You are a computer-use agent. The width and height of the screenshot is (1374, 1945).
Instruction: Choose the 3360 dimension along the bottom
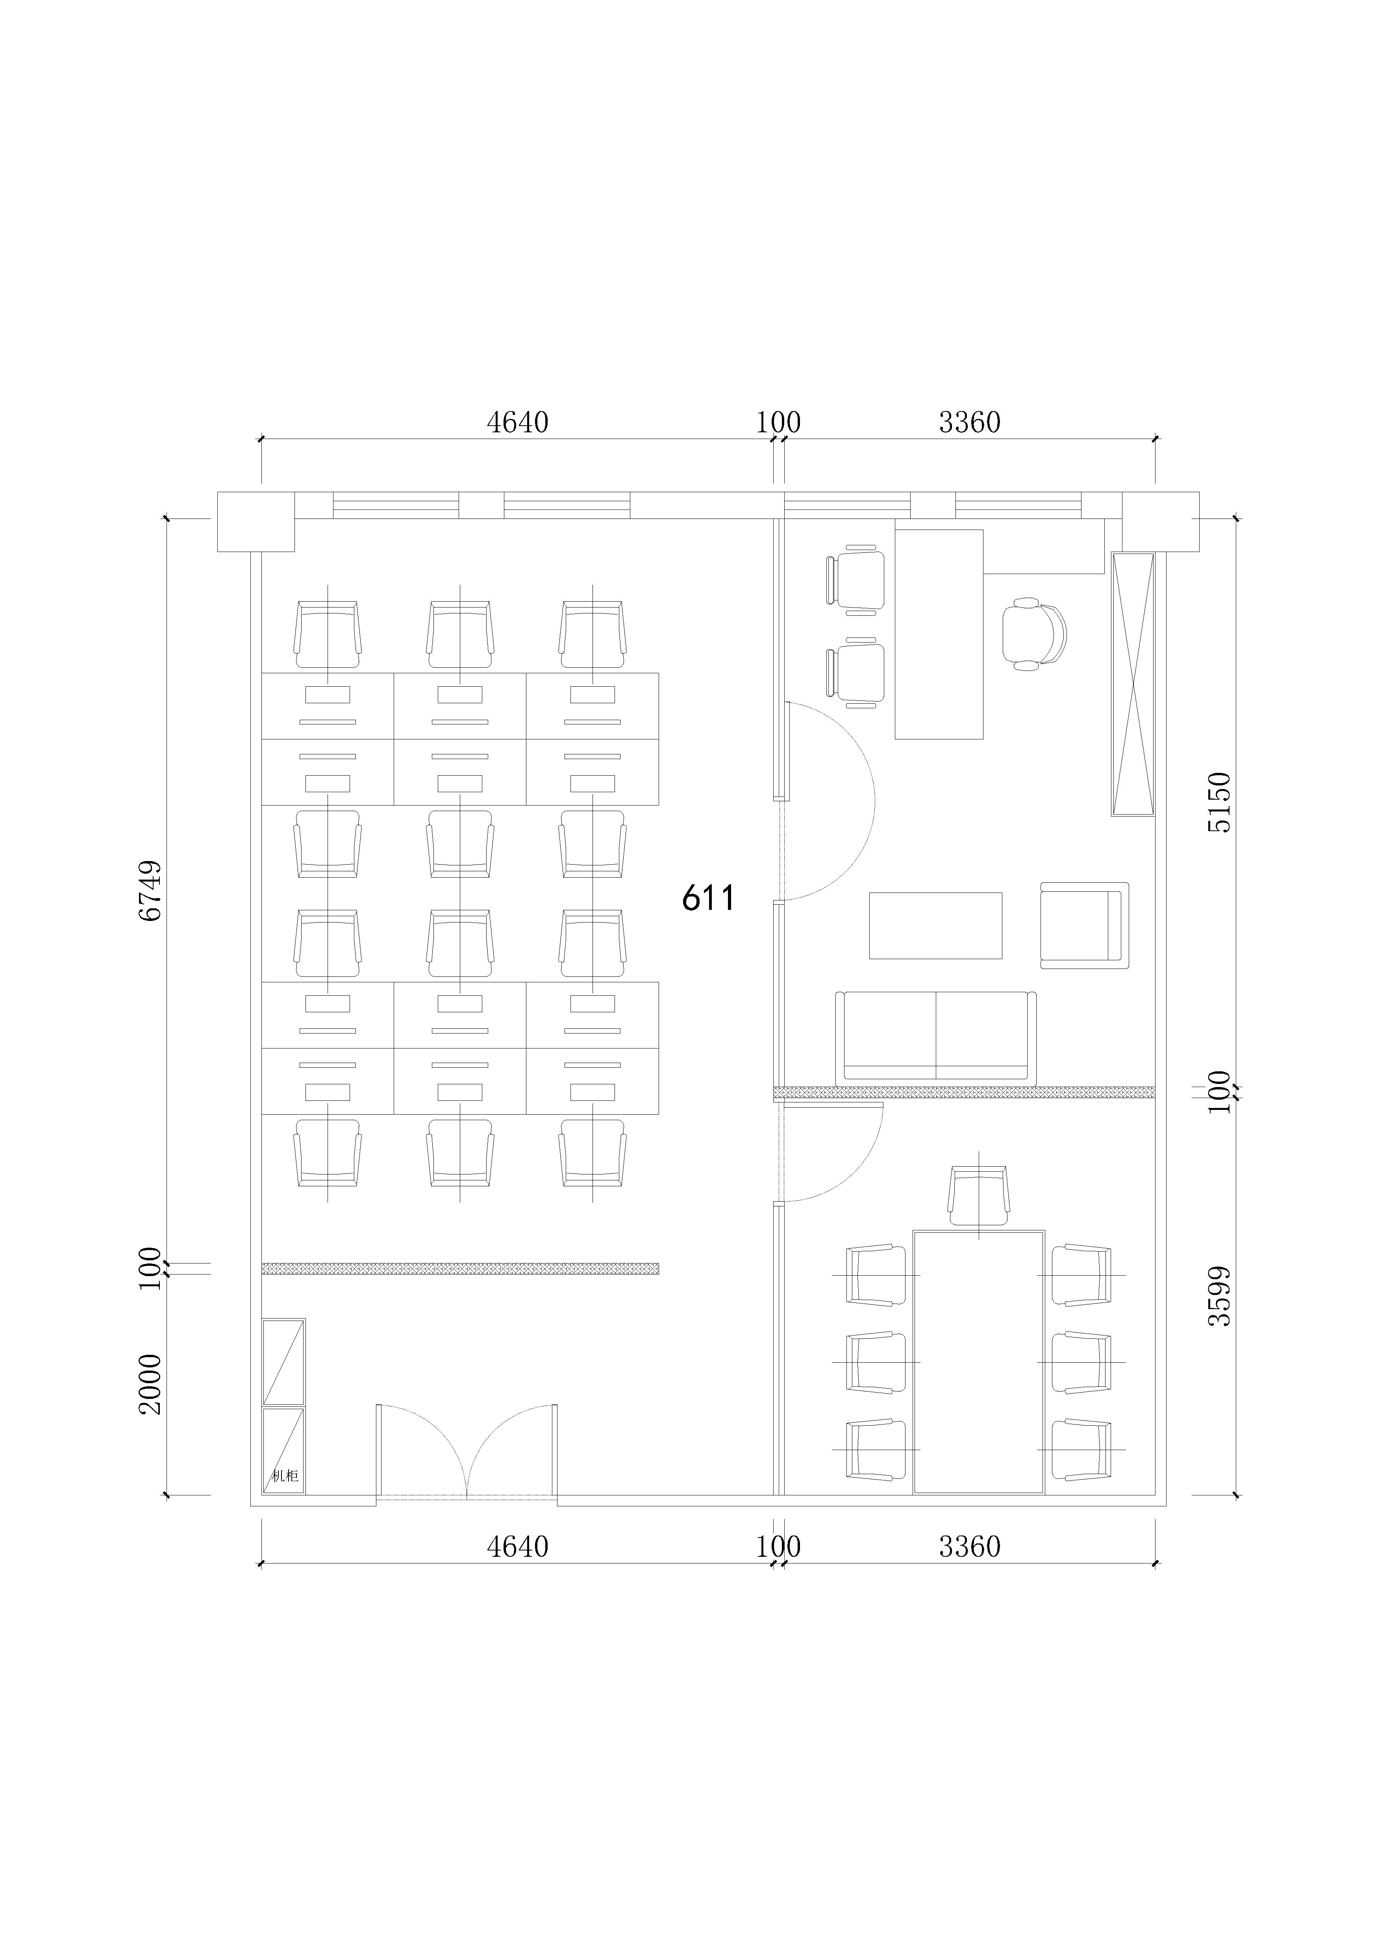[970, 1547]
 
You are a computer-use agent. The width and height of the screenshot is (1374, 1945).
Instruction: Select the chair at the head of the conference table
[978, 1195]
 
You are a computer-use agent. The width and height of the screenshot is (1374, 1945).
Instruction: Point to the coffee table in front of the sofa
[936, 925]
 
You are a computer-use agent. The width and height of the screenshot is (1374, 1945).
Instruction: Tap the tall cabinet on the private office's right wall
[1133, 684]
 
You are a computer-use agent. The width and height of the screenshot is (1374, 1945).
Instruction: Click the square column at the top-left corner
[256, 521]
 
